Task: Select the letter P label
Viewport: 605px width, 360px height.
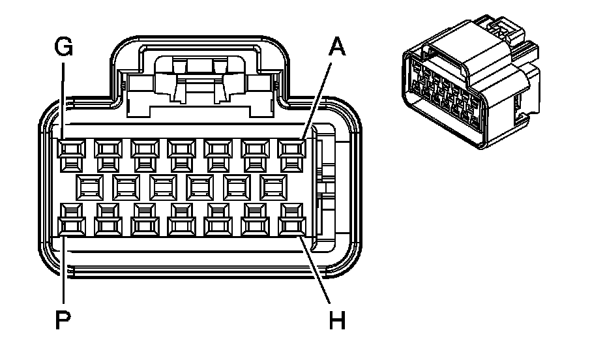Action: click(x=63, y=320)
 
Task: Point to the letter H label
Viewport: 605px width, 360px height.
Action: click(x=337, y=320)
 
